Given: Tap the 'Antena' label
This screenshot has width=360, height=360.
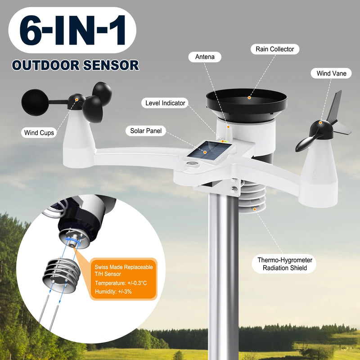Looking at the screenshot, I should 205,57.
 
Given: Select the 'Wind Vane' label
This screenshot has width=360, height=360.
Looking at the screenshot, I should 331,73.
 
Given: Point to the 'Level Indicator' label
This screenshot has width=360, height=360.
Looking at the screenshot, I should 165,103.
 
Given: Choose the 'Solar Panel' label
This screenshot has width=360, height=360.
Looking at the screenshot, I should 145,131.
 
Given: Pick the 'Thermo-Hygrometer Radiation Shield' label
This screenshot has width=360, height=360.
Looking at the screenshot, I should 285,264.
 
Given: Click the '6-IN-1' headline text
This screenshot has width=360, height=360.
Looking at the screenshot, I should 72,30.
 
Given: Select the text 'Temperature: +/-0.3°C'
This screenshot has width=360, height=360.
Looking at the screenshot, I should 121,283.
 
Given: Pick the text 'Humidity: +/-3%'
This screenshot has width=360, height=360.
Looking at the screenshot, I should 112,292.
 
